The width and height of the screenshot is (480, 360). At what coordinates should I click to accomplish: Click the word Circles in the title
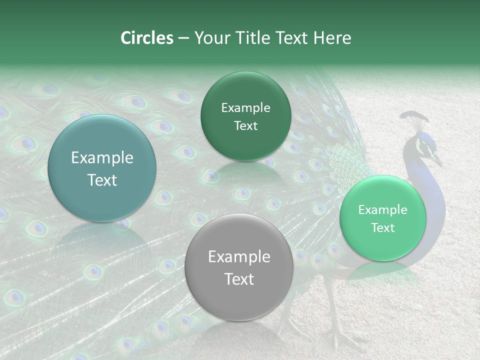coord(146,38)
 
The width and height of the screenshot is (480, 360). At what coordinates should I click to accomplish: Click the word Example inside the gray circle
coord(239,257)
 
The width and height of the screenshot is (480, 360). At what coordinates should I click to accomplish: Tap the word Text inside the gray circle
coord(239,279)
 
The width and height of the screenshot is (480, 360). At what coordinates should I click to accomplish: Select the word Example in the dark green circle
coord(245,108)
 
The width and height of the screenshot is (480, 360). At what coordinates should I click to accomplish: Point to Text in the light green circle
coord(383,228)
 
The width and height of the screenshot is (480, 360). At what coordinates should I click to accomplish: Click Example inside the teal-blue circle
coord(102,158)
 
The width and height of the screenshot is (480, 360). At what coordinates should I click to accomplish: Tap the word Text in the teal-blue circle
coord(102,180)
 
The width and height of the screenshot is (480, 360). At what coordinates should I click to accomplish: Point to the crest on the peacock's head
coord(414,119)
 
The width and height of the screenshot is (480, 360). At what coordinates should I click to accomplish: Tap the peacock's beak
coord(437,161)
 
